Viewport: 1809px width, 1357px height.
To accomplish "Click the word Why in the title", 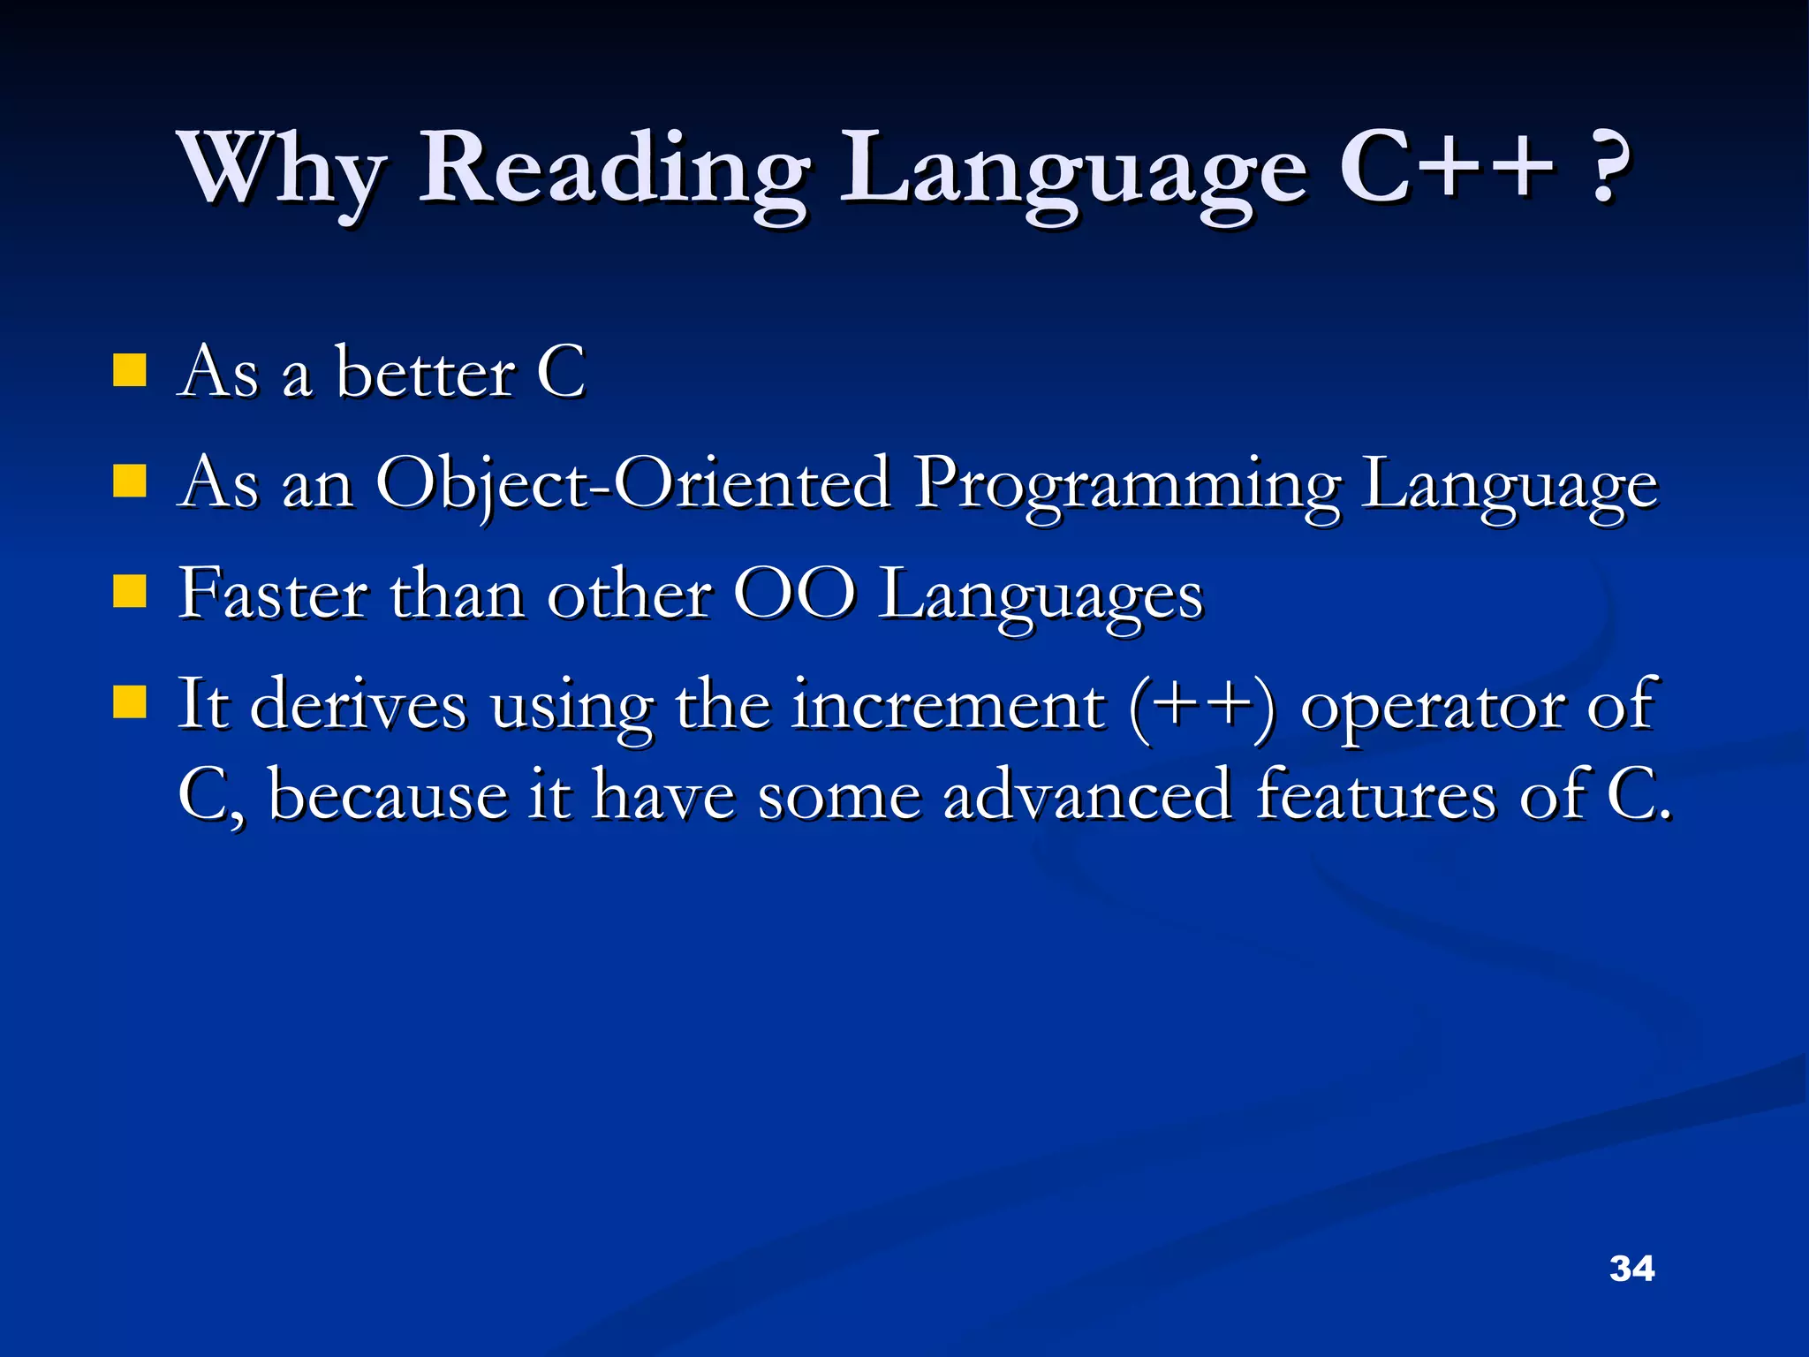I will [x=281, y=170].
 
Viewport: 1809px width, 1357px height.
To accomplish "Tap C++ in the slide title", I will [x=1445, y=168].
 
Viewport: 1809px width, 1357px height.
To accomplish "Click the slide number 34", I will [x=1631, y=1269].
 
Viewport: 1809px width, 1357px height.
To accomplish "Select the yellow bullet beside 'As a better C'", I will [x=130, y=371].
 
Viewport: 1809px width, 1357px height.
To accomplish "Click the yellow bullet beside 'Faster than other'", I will [x=130, y=592].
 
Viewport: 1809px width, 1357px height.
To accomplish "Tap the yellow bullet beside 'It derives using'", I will [x=130, y=703].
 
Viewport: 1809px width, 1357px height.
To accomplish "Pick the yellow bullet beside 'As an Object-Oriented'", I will [x=130, y=482].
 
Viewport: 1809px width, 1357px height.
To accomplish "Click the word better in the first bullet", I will [x=424, y=373].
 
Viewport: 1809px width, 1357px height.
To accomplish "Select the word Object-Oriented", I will [x=632, y=484].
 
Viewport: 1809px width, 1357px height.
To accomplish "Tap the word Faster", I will [x=272, y=594].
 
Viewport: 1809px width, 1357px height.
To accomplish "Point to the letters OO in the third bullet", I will [x=794, y=594].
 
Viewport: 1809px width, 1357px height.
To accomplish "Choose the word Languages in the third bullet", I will [x=1041, y=597].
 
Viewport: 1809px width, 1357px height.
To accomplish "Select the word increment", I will [x=947, y=705].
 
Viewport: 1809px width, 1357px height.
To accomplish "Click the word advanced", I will [x=1087, y=795].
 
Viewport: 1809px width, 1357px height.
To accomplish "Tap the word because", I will [x=388, y=795].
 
